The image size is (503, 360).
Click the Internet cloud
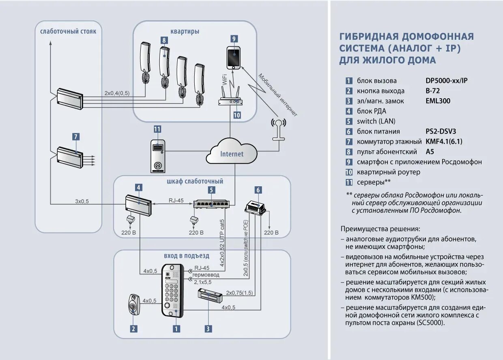pos(232,153)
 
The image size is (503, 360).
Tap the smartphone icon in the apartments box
pos(233,57)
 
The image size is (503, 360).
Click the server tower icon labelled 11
pos(158,156)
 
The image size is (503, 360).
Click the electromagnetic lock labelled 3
pos(209,295)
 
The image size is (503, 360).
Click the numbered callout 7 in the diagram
pos(76,137)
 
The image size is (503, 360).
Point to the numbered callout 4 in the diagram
pos(139,188)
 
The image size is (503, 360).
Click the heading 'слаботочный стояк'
pos(68,31)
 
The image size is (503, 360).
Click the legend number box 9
pos(348,162)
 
